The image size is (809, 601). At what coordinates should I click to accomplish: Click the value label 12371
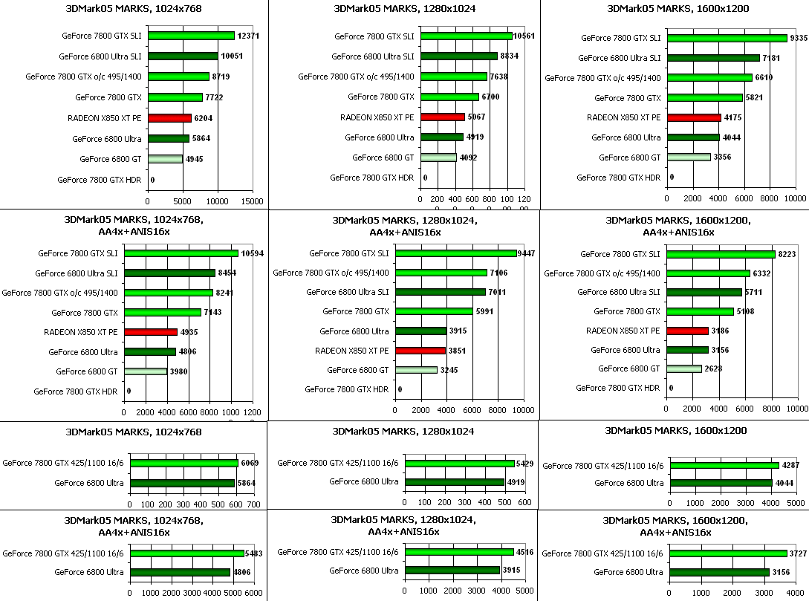coord(247,36)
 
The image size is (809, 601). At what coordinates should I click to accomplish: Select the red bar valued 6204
coord(169,117)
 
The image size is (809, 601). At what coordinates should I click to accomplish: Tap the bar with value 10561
coord(466,36)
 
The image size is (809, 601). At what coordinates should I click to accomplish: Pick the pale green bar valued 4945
coord(165,158)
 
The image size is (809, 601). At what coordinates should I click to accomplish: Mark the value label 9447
coord(526,254)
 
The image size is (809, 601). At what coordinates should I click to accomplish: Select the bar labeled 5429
coord(460,463)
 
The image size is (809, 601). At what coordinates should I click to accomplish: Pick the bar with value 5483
coord(186,553)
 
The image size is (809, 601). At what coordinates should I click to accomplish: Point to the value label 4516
coord(524,551)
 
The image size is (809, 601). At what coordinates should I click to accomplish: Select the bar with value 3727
coord(728,553)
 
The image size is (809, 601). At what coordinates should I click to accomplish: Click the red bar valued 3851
coord(420,351)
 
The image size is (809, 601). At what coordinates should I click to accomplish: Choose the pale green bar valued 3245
coord(416,370)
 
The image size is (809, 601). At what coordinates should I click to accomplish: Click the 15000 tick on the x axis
coord(253,201)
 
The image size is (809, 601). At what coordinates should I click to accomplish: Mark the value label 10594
coord(253,254)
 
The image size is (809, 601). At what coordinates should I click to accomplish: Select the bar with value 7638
coord(453,77)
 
